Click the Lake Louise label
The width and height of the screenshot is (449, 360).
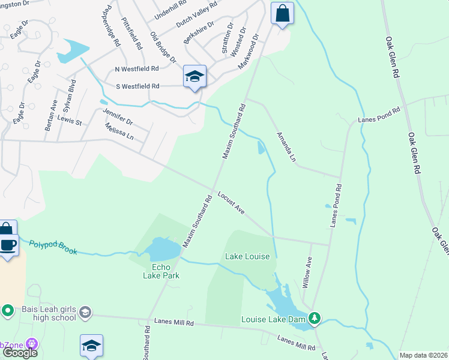pyautogui.click(x=247, y=256)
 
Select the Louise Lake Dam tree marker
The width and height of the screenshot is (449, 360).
pyautogui.click(x=313, y=317)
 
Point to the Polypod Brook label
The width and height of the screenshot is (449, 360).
pyautogui.click(x=53, y=247)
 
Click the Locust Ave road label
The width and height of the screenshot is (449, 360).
pyautogui.click(x=231, y=202)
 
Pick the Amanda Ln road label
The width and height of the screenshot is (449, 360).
pyautogui.click(x=286, y=146)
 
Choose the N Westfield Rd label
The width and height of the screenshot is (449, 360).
pyautogui.click(x=137, y=69)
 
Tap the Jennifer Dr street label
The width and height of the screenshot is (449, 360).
pyautogui.click(x=118, y=117)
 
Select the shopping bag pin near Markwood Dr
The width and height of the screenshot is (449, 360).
pyautogui.click(x=282, y=13)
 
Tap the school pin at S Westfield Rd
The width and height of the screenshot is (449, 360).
pyautogui.click(x=194, y=76)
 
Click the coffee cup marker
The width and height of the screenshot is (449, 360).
pyautogui.click(x=8, y=245)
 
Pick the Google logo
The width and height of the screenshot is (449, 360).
pyautogui.click(x=20, y=352)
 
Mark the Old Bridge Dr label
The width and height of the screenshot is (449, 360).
pyautogui.click(x=163, y=47)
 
